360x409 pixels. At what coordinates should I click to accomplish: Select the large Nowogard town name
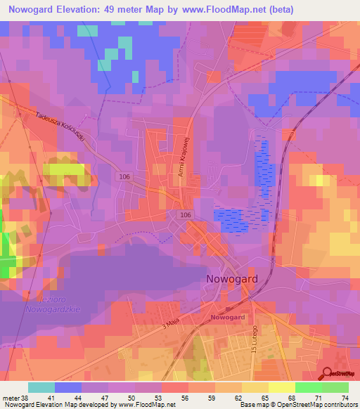pyautogui.click(x=232, y=278)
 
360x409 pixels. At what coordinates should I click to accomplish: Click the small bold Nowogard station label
pyautogui.click(x=227, y=318)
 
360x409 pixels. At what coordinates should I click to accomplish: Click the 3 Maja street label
pyautogui.click(x=172, y=323)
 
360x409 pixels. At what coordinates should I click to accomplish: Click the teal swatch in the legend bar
pyautogui.click(x=41, y=387)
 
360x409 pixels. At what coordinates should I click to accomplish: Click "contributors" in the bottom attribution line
pyautogui.click(x=337, y=405)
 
